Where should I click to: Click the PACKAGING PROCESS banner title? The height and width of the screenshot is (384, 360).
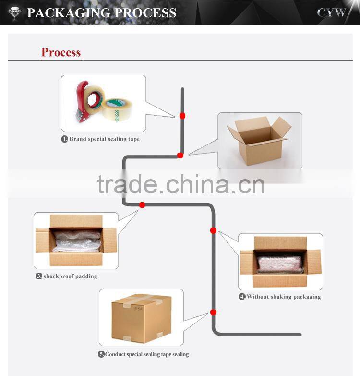point(101,12)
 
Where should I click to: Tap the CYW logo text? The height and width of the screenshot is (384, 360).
point(331,13)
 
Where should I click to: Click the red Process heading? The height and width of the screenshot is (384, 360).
point(61,52)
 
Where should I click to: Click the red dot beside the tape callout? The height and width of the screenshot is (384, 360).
point(182,116)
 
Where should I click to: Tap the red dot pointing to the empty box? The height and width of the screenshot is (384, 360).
point(180,155)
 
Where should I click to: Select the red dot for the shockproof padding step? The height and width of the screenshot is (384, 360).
point(142,205)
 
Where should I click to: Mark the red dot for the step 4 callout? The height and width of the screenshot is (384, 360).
point(213,230)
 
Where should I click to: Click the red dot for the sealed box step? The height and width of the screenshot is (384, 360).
point(213,312)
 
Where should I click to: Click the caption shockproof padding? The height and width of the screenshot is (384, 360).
point(70,276)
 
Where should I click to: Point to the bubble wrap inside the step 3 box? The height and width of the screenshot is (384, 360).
point(77,241)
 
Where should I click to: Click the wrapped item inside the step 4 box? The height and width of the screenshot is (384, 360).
point(279,263)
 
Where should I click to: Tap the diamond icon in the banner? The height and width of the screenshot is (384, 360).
point(13,12)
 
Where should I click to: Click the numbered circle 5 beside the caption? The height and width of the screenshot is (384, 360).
point(101,354)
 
